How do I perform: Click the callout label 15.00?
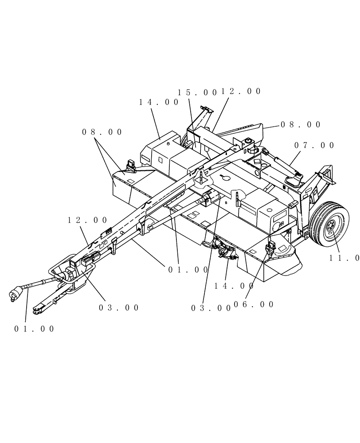coord(197,93)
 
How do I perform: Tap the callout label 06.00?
coord(254,304)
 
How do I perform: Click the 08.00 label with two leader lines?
coord(102,132)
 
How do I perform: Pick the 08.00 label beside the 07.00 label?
coord(301,125)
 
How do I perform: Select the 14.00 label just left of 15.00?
coord(159,102)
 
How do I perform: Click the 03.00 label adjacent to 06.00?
coord(211,307)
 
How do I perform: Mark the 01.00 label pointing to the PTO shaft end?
coord(34,329)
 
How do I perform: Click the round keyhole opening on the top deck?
coord(226,179)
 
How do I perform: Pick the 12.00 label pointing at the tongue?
coord(88,220)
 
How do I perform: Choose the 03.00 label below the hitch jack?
coord(119,307)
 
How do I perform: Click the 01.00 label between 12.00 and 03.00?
coord(188,269)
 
